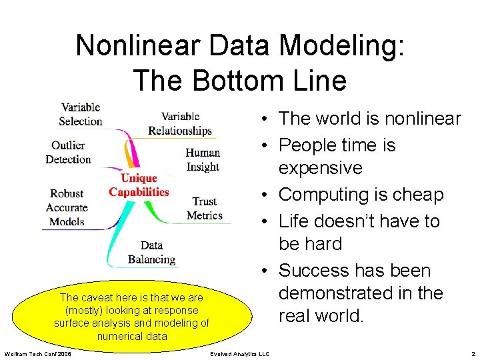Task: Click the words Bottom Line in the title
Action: (x=266, y=80)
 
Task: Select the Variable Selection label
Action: (x=80, y=114)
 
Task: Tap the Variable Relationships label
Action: (x=179, y=124)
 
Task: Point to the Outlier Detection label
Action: (x=68, y=152)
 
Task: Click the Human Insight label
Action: (x=203, y=159)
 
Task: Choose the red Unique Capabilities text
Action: (x=139, y=185)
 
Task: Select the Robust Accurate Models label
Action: (x=67, y=207)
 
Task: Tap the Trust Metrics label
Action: (x=204, y=208)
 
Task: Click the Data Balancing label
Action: (x=151, y=252)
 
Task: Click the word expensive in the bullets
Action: (x=320, y=168)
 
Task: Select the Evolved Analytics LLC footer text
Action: (x=239, y=353)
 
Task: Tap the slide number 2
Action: (x=473, y=353)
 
